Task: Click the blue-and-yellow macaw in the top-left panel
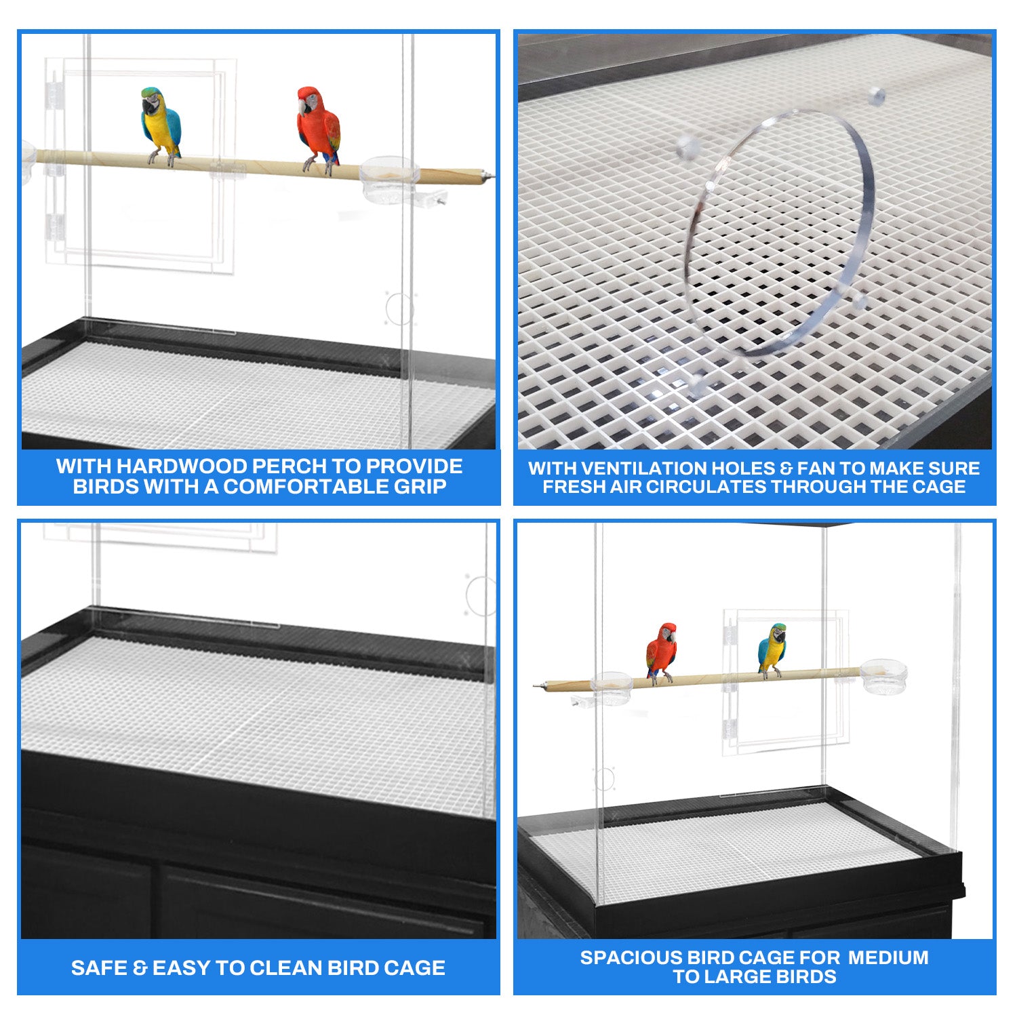161,126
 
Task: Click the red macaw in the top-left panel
318,129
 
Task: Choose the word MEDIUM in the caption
888,957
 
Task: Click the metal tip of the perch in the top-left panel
487,178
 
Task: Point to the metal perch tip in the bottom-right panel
540,687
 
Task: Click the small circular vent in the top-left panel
399,308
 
